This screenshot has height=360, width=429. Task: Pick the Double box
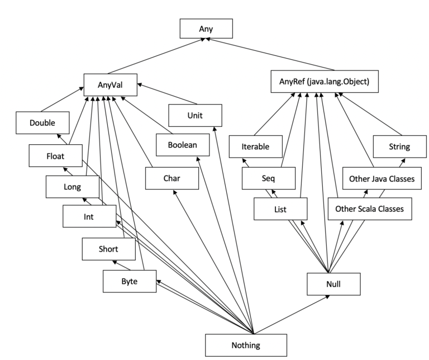click(x=42, y=122)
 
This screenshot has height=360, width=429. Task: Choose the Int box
click(x=89, y=216)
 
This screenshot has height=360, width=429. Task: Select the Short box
click(x=108, y=249)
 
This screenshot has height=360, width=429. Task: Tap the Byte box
click(x=128, y=281)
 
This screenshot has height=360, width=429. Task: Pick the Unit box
click(x=195, y=115)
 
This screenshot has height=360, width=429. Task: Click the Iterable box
click(x=256, y=147)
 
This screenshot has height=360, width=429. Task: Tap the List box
click(x=280, y=209)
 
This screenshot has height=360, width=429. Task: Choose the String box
click(x=399, y=147)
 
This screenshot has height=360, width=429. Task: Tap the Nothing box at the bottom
click(x=245, y=345)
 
